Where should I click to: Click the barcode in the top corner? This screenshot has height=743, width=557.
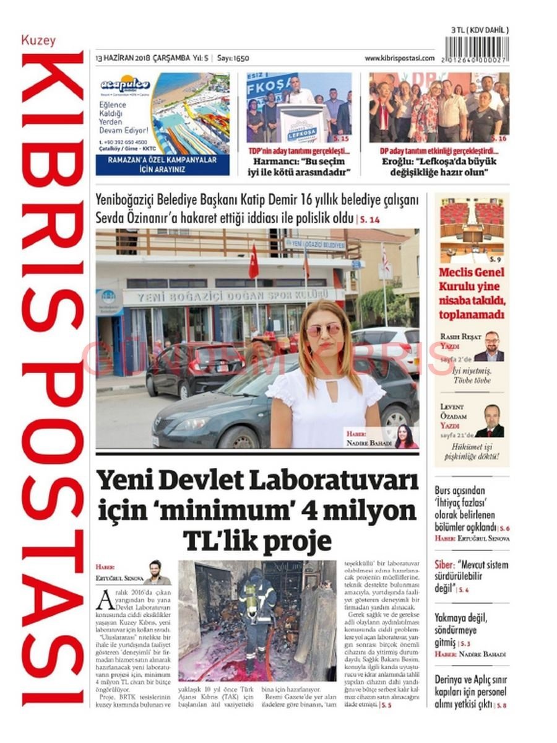pyautogui.click(x=477, y=48)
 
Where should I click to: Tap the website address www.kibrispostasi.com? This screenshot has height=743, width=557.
pyautogui.click(x=399, y=58)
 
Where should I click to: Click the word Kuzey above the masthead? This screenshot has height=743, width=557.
pyautogui.click(x=38, y=41)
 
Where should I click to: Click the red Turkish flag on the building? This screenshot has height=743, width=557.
pyautogui.click(x=253, y=263)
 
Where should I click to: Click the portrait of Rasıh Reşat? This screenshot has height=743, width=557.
pyautogui.click(x=492, y=346)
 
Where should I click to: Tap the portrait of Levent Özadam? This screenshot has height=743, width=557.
pyautogui.click(x=491, y=421)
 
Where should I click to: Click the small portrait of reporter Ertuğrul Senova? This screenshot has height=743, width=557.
pyautogui.click(x=157, y=573)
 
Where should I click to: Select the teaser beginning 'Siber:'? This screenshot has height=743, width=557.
pyautogui.click(x=470, y=576)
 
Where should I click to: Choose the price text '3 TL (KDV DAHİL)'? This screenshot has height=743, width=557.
pyautogui.click(x=480, y=30)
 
